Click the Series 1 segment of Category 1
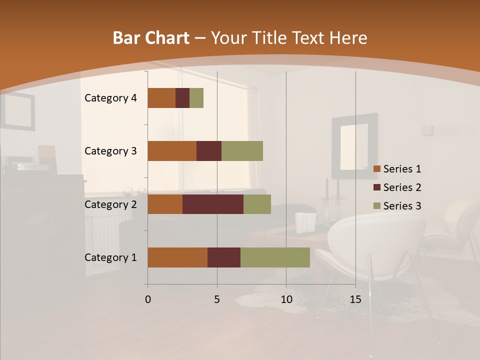[x=177, y=257]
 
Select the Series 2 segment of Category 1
[x=224, y=257]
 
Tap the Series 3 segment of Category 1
[x=275, y=257]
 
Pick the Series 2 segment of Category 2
[x=213, y=204]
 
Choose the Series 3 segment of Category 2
[x=257, y=204]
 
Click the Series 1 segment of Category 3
[x=172, y=151]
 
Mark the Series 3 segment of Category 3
[x=242, y=151]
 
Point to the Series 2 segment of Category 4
[x=182, y=98]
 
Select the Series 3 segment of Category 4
[x=196, y=98]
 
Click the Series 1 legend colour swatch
[x=377, y=169]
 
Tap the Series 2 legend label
[x=402, y=187]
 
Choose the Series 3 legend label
[x=402, y=206]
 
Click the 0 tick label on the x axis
[x=147, y=299]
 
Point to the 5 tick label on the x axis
[x=217, y=299]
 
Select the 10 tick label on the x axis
[x=286, y=299]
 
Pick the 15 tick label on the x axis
[x=355, y=299]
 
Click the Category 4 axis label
[x=110, y=98]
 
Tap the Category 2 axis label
[x=110, y=204]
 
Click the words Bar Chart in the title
[x=151, y=38]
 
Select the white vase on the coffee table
[x=305, y=223]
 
